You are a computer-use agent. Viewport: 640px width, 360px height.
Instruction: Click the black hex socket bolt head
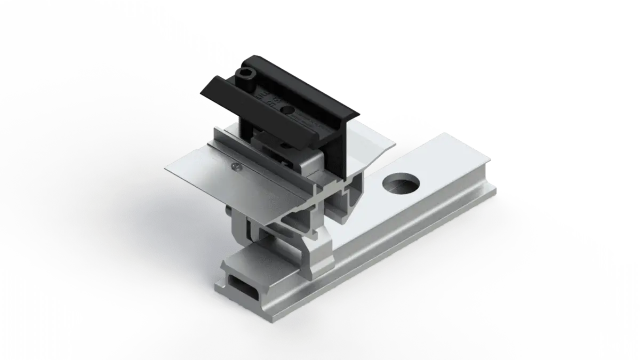[x=246, y=76]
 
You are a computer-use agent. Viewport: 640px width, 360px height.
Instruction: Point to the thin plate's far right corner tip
[x=395, y=143]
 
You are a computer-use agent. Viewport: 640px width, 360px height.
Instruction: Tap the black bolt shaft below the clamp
[x=249, y=128]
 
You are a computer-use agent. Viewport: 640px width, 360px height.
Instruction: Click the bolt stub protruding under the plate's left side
[x=228, y=213]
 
